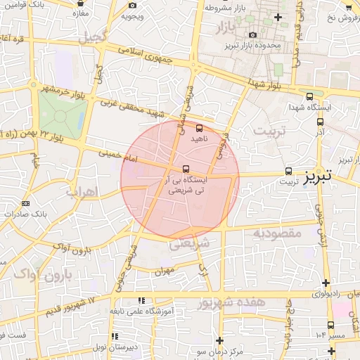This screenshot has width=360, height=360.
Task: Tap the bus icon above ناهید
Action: [199, 128]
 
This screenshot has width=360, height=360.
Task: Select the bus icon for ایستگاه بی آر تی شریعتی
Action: [186, 169]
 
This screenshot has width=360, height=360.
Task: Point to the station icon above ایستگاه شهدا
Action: [309, 97]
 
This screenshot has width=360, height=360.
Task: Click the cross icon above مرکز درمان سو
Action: [219, 340]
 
